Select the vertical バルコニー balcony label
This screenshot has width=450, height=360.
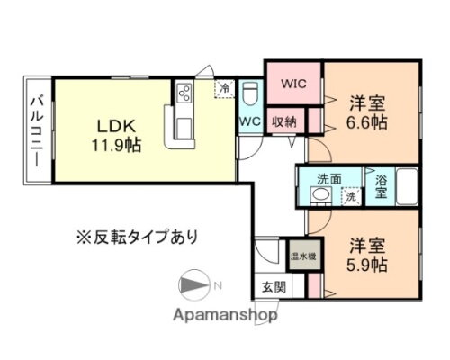click(40, 131)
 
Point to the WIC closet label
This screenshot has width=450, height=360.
click(293, 83)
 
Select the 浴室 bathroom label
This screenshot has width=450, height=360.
click(382, 185)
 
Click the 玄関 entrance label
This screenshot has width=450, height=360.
click(274, 288)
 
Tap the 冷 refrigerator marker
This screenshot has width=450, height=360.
click(222, 89)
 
